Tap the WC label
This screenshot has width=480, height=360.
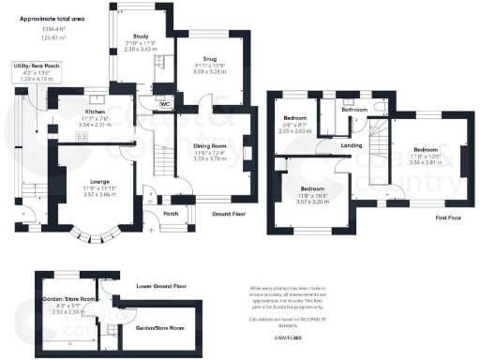click(164, 105)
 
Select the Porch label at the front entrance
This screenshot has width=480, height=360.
click(172, 211)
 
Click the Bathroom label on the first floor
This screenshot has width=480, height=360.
click(354, 110)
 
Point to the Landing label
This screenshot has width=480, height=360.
click(352, 144)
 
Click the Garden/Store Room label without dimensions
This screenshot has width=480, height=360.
click(159, 328)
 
